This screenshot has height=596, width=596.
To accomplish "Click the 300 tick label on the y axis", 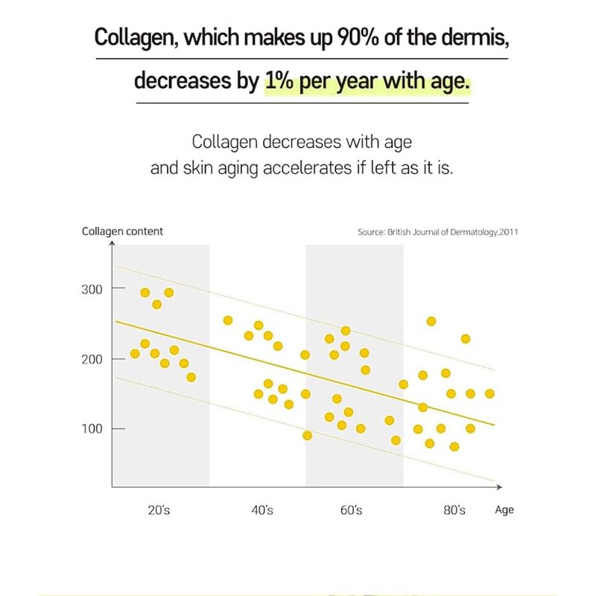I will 92,288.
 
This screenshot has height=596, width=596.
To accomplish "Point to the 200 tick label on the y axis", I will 92,359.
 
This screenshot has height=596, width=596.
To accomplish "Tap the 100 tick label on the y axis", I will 92,429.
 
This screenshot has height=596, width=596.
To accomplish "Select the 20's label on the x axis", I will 159,510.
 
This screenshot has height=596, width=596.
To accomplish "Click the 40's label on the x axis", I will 262,510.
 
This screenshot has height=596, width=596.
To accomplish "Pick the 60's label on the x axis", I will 351,510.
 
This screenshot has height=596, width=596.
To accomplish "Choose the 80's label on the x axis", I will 454,510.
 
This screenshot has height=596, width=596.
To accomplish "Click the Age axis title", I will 504,510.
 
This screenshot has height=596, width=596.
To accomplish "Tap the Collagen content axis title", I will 122,232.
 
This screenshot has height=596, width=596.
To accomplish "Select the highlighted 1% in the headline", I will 279,80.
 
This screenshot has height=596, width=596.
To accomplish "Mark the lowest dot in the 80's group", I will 454,447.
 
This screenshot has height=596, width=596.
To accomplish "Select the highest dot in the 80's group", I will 431,322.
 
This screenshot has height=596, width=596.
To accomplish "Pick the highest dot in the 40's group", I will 228,320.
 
